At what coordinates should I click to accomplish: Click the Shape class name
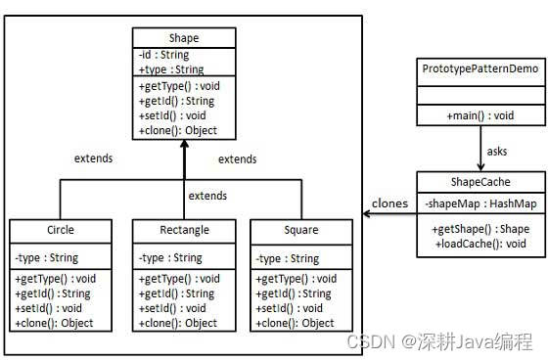[x=184, y=39]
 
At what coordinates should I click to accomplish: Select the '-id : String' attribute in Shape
[x=165, y=56]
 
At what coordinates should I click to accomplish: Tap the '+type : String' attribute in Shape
[x=171, y=69]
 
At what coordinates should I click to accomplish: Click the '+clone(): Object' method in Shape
[x=179, y=130]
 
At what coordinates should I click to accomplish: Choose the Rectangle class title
[x=184, y=231]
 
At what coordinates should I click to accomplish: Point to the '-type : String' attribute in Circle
[x=47, y=258]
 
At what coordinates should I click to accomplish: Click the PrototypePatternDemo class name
[x=479, y=69]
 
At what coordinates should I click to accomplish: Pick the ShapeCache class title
[x=479, y=182]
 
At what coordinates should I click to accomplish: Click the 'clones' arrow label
[x=389, y=203]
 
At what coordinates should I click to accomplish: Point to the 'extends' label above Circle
[x=94, y=157]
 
